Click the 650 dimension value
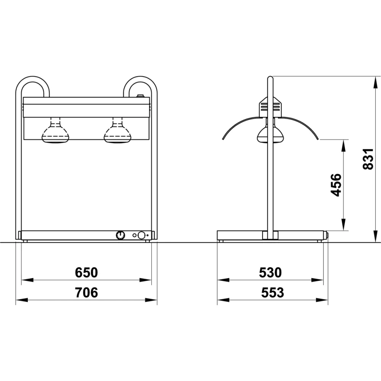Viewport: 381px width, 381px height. (86, 272)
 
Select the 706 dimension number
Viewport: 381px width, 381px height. (86, 292)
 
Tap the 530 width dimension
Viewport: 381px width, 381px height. (270, 272)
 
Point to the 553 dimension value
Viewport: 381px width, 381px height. (272, 292)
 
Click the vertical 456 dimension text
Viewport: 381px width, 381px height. (336, 185)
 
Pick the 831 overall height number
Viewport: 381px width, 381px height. (368, 159)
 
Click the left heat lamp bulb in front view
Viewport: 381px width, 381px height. (55, 130)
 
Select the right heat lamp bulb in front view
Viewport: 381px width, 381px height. (117, 130)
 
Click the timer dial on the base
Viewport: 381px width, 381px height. (120, 235)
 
